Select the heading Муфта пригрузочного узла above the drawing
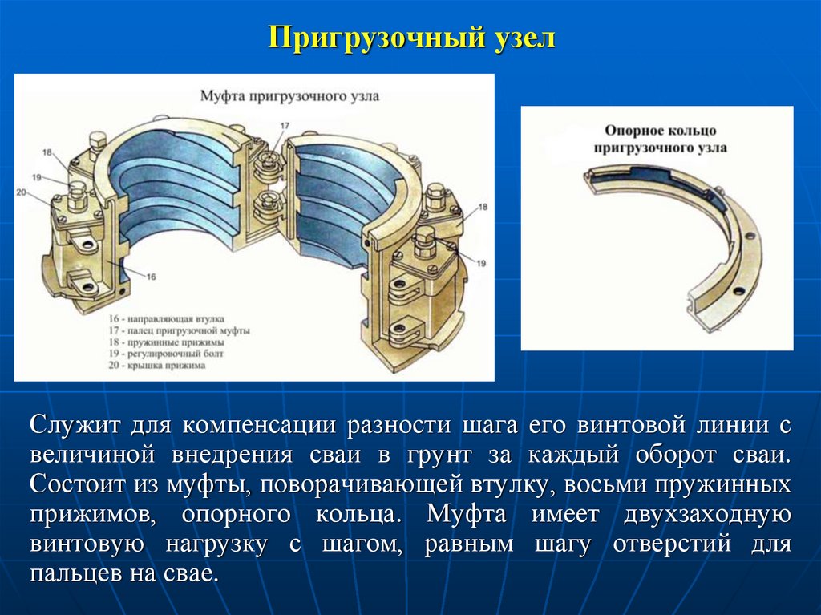[x=289, y=95]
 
